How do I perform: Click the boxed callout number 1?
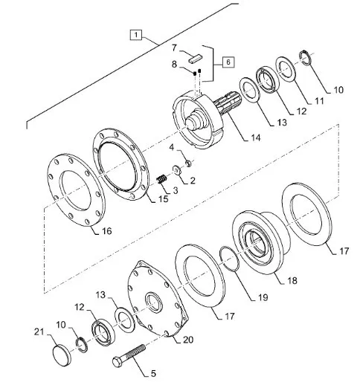point(136,35)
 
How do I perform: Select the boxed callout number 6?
point(228,62)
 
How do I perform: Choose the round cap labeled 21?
point(62,355)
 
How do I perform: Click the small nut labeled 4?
point(189,163)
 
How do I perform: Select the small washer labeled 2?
point(177,170)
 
